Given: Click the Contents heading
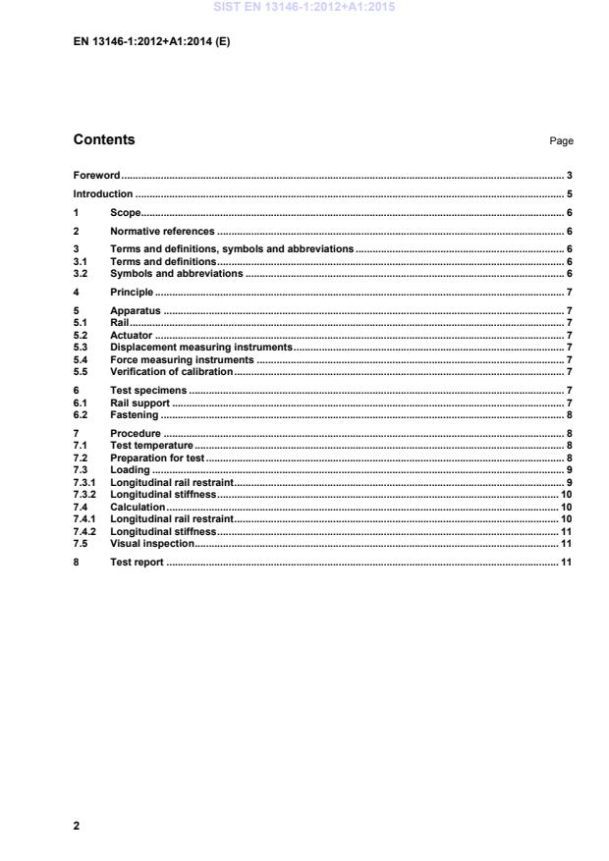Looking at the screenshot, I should [104, 139].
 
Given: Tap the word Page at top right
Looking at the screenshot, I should [562, 141].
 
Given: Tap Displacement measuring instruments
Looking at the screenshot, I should [201, 347].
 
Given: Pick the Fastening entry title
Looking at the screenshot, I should [135, 414].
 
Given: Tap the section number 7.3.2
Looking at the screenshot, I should [86, 494].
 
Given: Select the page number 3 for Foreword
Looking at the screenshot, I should [570, 176].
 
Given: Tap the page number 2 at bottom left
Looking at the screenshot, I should [77, 826].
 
